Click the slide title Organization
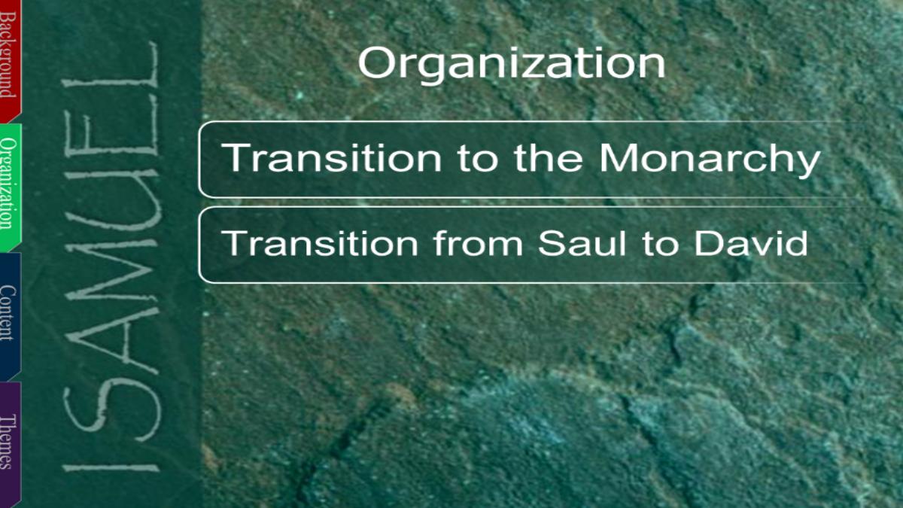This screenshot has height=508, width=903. pos(511,65)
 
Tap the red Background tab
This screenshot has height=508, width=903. pos(10,60)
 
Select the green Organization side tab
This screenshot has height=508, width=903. pos(10,187)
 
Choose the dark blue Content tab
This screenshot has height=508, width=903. pos(10,317)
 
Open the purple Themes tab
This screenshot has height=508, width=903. pos(10,443)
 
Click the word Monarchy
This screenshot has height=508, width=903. pos(710,160)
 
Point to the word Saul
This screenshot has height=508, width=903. pos(582,243)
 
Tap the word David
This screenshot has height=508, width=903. pos(751,243)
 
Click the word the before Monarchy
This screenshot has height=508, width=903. pos(549,157)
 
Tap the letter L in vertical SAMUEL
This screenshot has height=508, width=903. pos(110,65)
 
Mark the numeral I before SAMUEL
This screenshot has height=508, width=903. pos(111,468)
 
